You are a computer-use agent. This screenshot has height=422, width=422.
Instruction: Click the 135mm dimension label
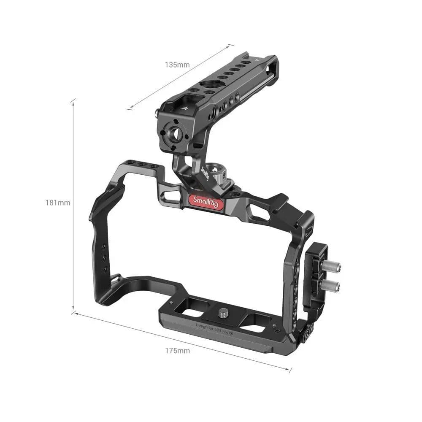click(177, 65)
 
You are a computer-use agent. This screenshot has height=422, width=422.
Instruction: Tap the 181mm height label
click(58, 203)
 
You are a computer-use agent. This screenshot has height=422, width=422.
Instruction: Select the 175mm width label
click(178, 350)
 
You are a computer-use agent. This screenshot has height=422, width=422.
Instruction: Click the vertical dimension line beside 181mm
click(73, 203)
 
